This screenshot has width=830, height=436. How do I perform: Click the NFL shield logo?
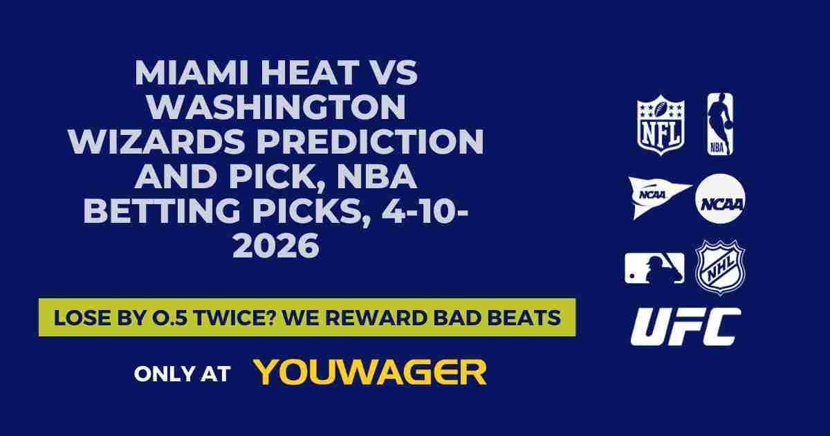(x=661, y=125)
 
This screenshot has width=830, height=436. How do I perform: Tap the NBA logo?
(x=719, y=125)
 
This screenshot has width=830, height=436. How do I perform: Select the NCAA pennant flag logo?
(x=658, y=197)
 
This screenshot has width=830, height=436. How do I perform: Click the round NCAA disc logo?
(x=720, y=199)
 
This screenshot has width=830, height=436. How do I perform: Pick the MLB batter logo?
(x=654, y=268)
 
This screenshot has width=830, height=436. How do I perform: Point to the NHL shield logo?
(x=720, y=267)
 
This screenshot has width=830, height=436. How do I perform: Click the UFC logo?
(x=685, y=327)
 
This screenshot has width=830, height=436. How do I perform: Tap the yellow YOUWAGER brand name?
(x=370, y=372)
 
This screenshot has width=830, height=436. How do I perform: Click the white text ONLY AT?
(x=182, y=374)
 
